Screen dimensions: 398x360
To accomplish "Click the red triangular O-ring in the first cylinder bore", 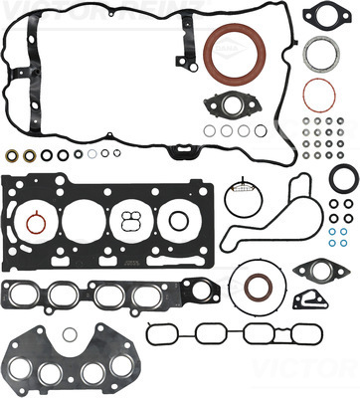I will tap(36, 223).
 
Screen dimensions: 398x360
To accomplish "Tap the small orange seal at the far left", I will tap(13, 156).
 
